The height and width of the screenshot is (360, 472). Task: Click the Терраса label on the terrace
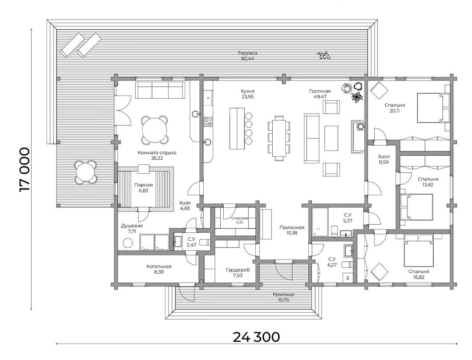[247, 53]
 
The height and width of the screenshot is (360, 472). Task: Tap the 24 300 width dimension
[256, 337]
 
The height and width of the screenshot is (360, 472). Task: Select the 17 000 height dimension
[24, 170]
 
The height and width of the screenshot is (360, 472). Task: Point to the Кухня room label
[248, 91]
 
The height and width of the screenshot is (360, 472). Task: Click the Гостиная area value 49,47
[320, 97]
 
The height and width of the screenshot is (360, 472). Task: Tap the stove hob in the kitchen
[208, 121]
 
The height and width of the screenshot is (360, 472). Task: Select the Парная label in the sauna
[144, 185]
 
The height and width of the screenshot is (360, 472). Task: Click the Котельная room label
[159, 267]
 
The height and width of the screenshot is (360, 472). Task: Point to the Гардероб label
[238, 270]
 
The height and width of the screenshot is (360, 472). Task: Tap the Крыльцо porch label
[283, 294]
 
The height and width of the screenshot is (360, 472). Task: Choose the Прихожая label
[292, 227]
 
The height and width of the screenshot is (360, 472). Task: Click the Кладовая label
[239, 218]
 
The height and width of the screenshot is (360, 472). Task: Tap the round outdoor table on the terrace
[85, 173]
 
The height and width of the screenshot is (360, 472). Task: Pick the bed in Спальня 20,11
[433, 108]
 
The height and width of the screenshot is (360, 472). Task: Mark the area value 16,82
[419, 277]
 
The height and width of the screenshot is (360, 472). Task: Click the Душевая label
[132, 226]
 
